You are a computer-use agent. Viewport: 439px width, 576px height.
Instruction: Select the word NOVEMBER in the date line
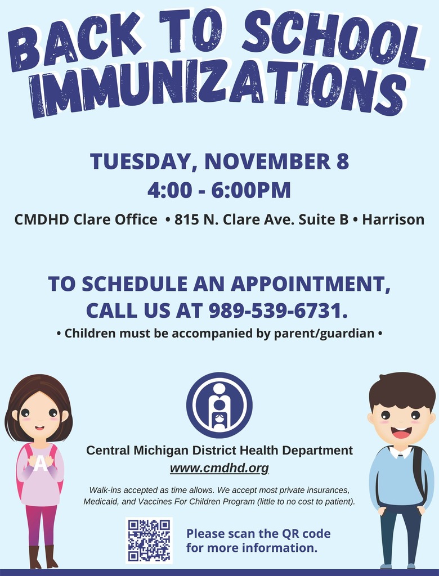click(268, 161)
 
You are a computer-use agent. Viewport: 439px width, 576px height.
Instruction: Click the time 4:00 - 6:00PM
click(219, 190)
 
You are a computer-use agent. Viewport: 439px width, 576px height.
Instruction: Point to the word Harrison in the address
click(393, 219)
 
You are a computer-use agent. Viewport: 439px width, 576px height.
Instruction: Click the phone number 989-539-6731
click(278, 310)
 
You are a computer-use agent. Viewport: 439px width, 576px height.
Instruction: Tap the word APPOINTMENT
click(311, 284)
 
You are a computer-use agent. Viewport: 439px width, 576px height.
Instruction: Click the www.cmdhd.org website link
click(219, 469)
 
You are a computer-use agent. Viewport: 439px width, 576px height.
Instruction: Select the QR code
click(149, 541)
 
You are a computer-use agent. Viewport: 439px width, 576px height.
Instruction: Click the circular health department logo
click(219, 405)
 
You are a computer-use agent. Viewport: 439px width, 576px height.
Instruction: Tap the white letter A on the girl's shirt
click(41, 463)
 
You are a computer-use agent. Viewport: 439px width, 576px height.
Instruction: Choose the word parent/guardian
click(324, 334)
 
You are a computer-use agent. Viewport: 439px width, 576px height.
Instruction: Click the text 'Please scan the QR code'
click(258, 533)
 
